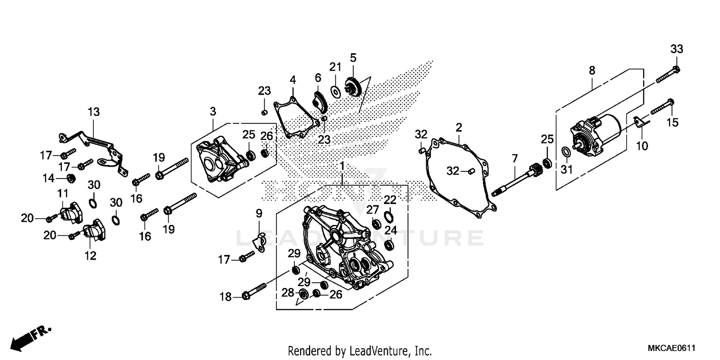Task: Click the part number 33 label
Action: [x=676, y=49]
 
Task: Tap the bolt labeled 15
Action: [x=662, y=107]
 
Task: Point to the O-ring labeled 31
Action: [x=566, y=153]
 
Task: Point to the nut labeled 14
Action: [x=71, y=179]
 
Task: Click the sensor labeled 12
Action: [x=95, y=231]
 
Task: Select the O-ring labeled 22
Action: [x=390, y=215]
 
